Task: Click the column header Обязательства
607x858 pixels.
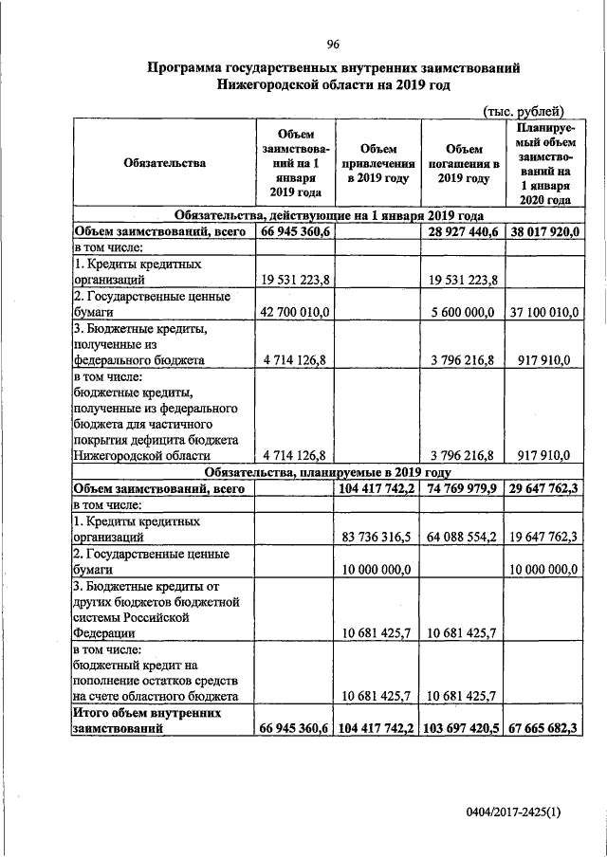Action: [x=164, y=163]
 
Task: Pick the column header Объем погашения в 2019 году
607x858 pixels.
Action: [x=464, y=163]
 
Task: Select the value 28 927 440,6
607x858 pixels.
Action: [x=464, y=230]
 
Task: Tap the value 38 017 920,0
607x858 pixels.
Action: [x=544, y=230]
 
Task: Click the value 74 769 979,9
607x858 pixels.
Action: [x=464, y=488]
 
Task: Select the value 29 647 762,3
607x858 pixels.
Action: [x=544, y=488]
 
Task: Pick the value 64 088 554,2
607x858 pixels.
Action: [x=464, y=537]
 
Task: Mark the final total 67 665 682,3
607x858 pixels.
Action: [x=544, y=728]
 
